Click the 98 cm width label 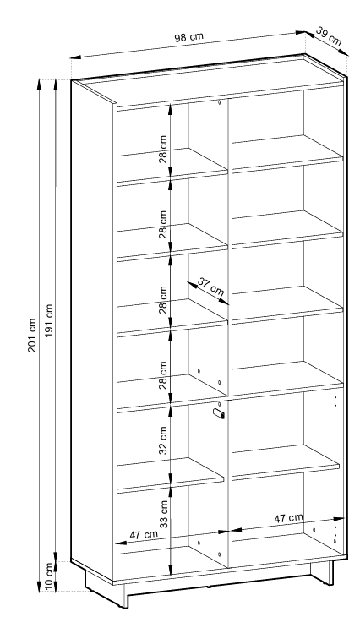(188, 37)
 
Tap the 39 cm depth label (329, 36)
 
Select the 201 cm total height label (32, 336)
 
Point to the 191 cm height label (49, 320)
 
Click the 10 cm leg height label (49, 576)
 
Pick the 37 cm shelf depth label (210, 287)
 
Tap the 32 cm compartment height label (163, 440)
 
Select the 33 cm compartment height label (163, 514)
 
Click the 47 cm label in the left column (144, 535)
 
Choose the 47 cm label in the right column (288, 518)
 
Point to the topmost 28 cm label (163, 150)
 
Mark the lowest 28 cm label (163, 375)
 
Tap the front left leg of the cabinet (126, 595)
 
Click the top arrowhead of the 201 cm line (39, 84)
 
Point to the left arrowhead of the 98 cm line (75, 57)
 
